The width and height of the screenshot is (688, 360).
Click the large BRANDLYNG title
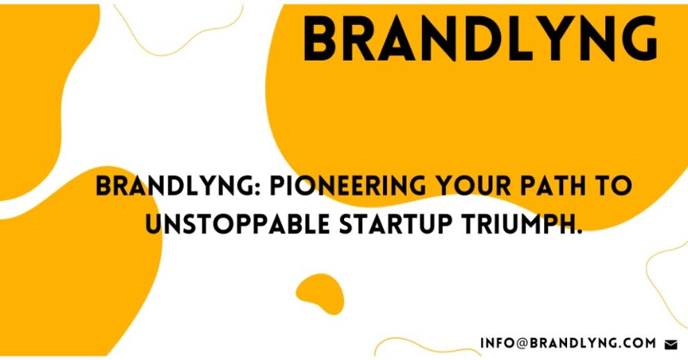tap(481, 39)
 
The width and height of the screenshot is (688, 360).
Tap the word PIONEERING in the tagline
tap(347, 186)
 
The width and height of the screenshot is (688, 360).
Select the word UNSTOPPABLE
tap(238, 224)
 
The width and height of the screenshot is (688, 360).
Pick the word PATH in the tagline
tap(554, 186)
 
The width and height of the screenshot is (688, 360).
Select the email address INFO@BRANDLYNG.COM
tap(568, 343)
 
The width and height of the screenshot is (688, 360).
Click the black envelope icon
tap(671, 345)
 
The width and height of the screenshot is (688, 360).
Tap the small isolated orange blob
tap(320, 293)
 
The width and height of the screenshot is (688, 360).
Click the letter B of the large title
tap(320, 39)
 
